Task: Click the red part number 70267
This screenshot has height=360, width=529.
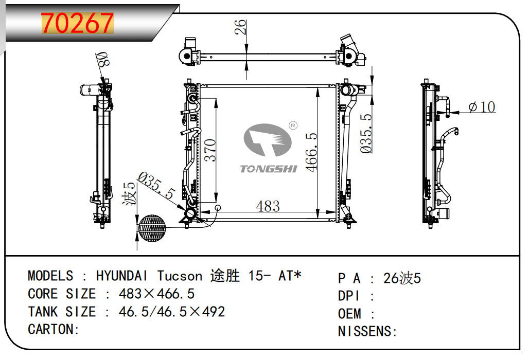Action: coord(77,23)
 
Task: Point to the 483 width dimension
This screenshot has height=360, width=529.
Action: coord(268,206)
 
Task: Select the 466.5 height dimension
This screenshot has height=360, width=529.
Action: coord(311,152)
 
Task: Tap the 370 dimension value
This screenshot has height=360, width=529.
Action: coord(210,150)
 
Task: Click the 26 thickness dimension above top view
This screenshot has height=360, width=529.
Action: coord(240,27)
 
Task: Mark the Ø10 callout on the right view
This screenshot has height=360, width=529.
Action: coord(482,107)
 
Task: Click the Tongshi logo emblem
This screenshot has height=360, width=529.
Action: coord(268,140)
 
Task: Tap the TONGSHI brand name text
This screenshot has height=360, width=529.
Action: coord(269,169)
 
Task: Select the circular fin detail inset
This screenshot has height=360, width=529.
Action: coord(152,228)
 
